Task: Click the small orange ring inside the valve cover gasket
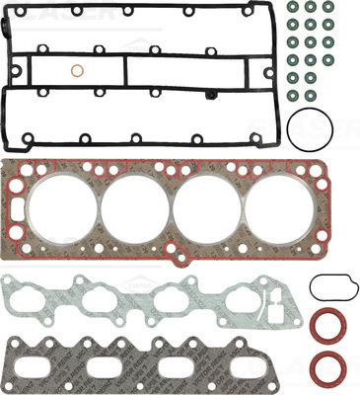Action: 77,71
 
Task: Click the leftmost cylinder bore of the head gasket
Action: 61,207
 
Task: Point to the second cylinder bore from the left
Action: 134,207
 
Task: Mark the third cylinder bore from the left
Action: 206,207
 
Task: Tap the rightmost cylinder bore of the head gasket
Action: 279,207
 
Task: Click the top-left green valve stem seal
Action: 292,8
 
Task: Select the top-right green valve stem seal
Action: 328,8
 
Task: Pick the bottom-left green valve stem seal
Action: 292,95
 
